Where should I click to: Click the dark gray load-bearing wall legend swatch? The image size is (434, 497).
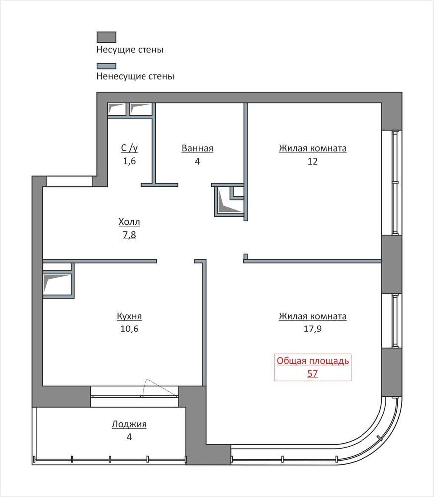click(106, 37)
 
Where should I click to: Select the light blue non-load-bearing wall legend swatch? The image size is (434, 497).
click(106, 66)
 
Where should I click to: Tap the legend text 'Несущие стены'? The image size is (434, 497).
click(130, 49)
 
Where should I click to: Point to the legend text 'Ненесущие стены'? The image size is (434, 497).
click(135, 76)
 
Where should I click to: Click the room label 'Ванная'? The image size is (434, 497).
click(197, 148)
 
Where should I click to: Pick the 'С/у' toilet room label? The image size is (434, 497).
click(129, 148)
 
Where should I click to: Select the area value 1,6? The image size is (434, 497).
click(129, 161)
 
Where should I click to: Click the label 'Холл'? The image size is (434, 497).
click(129, 222)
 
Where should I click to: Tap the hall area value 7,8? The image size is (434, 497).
click(129, 235)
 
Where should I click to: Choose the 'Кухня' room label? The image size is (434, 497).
click(129, 316)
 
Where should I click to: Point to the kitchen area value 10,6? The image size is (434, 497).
click(129, 329)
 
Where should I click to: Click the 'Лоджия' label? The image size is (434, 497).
click(129, 424)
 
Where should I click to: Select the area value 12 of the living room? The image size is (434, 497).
click(313, 161)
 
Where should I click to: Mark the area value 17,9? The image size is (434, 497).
click(313, 329)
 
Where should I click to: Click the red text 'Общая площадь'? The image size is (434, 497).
click(313, 361)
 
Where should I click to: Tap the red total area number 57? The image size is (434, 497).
click(313, 373)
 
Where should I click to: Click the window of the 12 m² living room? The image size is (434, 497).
click(395, 182)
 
